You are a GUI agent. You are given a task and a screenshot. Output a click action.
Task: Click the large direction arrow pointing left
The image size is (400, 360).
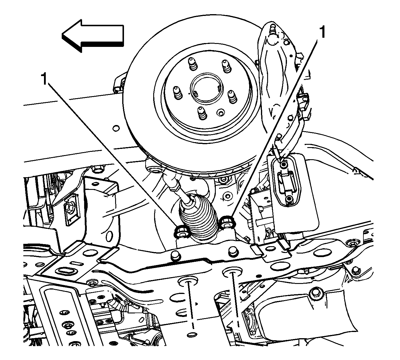click(93, 36)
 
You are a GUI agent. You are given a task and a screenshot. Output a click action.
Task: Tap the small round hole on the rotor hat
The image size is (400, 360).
click(221, 113)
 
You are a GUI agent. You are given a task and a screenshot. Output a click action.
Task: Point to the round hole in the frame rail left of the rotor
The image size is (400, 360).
click(116, 128)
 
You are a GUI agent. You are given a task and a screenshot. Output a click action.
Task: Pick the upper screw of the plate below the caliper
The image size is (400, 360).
click(283, 165)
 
